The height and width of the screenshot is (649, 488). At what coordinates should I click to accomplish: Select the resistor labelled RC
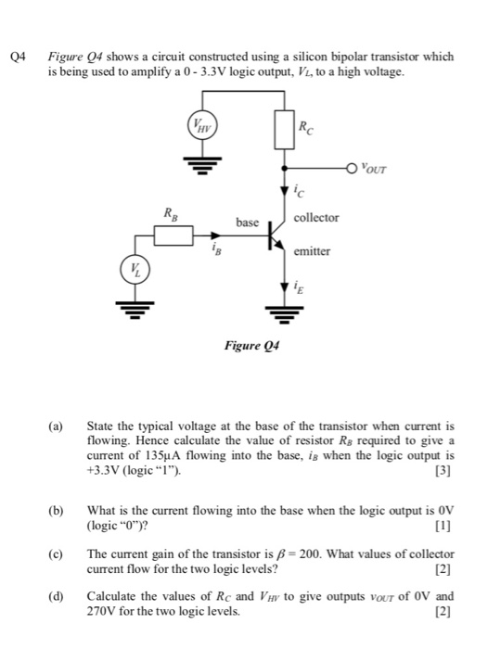[284, 131]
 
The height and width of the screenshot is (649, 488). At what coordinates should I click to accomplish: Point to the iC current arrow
[284, 191]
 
